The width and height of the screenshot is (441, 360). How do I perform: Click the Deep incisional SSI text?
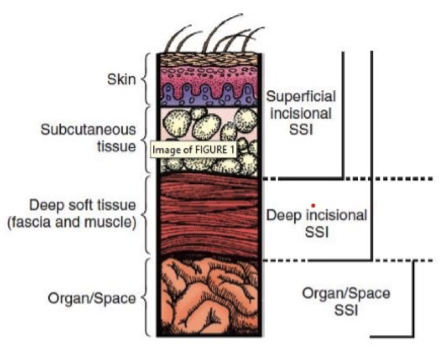pyautogui.click(x=316, y=223)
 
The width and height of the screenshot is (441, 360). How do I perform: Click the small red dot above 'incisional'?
pyautogui.click(x=313, y=205)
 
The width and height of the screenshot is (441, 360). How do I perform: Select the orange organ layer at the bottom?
pyautogui.click(x=206, y=295)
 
